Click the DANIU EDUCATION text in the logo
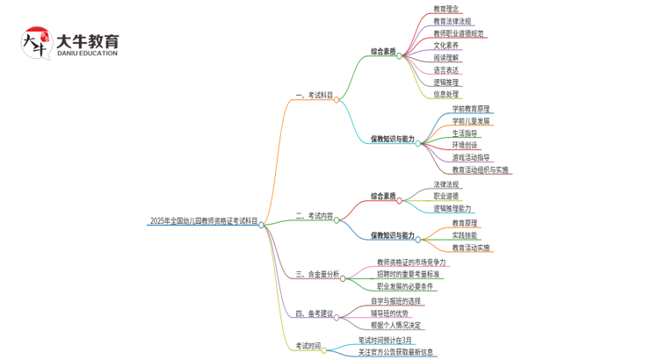87,54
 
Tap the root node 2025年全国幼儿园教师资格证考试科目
204,222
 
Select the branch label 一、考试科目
314,96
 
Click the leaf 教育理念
445,9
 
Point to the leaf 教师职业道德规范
458,33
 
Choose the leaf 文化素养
445,46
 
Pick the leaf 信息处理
445,95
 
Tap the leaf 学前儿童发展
471,121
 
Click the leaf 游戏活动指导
471,158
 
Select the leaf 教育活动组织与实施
480,170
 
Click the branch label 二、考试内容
314,215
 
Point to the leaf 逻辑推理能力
452,209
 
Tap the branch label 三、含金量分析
317,275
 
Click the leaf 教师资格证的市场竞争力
411,263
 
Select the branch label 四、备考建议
314,313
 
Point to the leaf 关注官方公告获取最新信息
395,352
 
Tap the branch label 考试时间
308,346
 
